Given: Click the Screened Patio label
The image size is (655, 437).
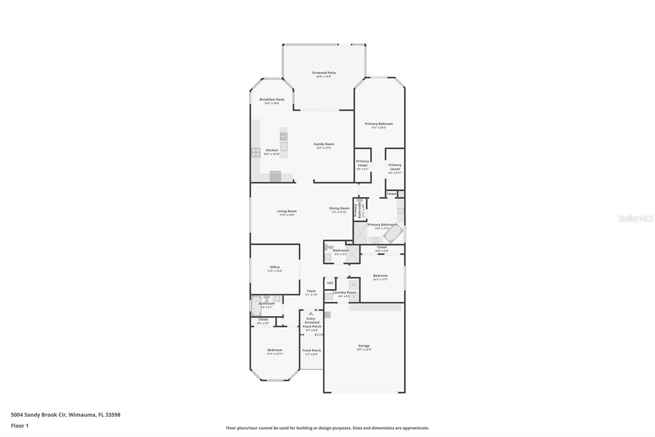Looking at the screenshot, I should pos(324,73).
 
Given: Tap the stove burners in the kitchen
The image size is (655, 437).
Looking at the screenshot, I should pos(256,152).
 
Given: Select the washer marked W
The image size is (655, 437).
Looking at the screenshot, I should pos(354,285).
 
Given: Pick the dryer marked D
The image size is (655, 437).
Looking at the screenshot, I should pos(354,296).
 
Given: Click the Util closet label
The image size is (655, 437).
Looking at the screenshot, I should pos(330,283).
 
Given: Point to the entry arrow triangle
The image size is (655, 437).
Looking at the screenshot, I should pos(311,313).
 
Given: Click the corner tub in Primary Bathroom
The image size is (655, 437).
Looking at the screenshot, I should pos(393,235).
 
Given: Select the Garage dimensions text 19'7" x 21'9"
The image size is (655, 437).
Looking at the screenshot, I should pos(364,350).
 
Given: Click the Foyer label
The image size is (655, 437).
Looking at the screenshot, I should pos(311,291).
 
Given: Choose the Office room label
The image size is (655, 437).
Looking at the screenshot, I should pos(275,267).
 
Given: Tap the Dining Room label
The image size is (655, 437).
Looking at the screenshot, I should pos(339,208).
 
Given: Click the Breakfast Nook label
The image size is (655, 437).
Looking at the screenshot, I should pos(272,100).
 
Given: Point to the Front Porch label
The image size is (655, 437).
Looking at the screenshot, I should pos(312,351).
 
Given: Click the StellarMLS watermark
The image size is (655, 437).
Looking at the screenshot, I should pos(635,218).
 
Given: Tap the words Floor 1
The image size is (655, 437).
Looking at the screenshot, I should pos(20,426).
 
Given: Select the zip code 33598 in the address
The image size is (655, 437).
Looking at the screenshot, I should pos(113,415).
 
